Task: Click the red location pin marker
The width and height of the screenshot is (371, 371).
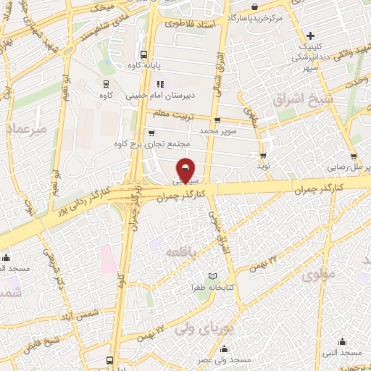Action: point(186,170)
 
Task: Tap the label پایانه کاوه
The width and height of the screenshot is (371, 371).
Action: point(144,65)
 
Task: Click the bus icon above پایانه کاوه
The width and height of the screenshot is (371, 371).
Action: point(144,54)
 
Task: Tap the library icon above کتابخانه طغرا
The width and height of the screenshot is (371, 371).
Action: point(212,276)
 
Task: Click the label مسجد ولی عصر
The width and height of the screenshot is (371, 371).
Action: point(225,359)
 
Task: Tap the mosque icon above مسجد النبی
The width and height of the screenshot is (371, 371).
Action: point(342,341)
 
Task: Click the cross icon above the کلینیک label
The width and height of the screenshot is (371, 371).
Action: point(310,35)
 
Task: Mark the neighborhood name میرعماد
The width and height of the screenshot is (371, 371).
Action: point(27,128)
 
